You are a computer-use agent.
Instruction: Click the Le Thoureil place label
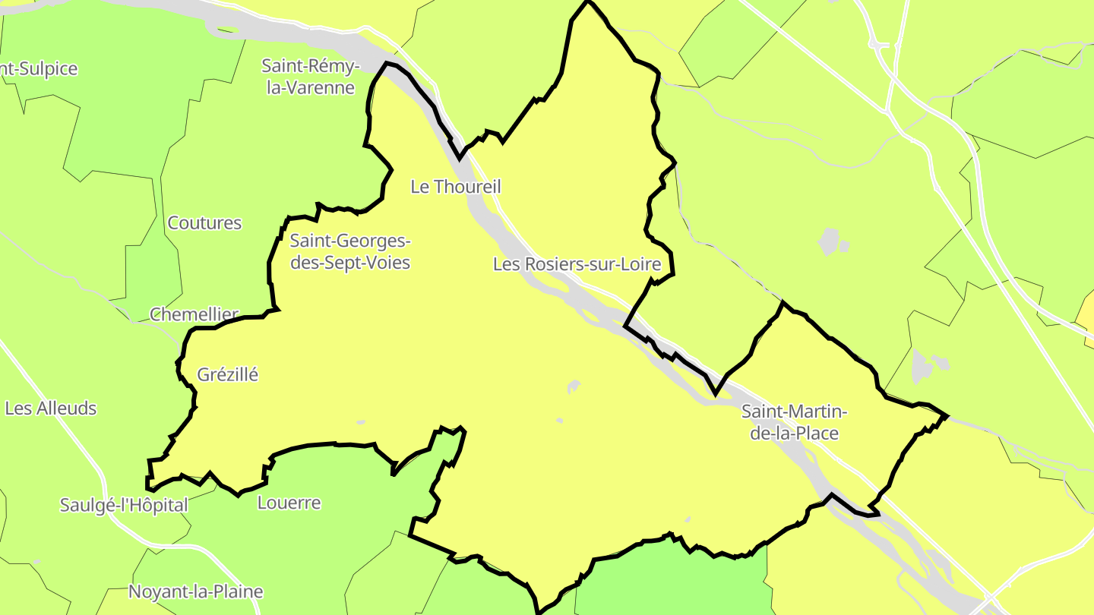[456, 186]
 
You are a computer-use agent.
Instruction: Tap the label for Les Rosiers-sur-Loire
[583, 264]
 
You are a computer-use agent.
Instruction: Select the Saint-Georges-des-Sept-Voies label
[350, 252]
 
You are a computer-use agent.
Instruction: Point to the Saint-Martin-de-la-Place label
[794, 422]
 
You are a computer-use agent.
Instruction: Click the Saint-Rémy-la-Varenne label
[311, 77]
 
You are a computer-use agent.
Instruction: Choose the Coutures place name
[204, 223]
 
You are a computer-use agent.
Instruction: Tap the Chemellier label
[194, 314]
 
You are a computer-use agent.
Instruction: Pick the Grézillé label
[228, 374]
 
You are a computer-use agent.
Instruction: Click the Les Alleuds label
[51, 408]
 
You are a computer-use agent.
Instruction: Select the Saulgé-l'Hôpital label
[124, 505]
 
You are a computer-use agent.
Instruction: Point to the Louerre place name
[289, 503]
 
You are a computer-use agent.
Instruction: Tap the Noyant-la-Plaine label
[196, 591]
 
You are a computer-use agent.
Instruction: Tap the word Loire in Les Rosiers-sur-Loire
[653, 264]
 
